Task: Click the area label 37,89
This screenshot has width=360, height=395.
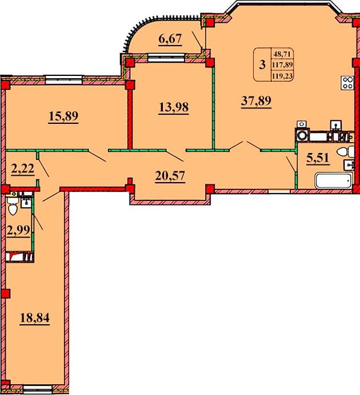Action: pyautogui.click(x=256, y=101)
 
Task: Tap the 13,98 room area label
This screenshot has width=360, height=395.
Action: pyautogui.click(x=174, y=107)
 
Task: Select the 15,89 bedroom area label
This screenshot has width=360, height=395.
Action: pyautogui.click(x=63, y=116)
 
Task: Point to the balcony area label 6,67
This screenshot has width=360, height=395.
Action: pyautogui.click(x=170, y=39)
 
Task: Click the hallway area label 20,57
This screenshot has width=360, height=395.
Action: pyautogui.click(x=170, y=176)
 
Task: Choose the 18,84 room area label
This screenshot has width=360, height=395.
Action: pyautogui.click(x=35, y=317)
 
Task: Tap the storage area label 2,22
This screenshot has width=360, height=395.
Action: pyautogui.click(x=23, y=168)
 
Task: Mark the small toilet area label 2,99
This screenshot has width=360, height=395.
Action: pyautogui.click(x=18, y=230)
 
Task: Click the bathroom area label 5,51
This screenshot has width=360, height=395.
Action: pyautogui.click(x=318, y=158)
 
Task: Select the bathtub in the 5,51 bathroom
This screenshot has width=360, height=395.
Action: pyautogui.click(x=333, y=180)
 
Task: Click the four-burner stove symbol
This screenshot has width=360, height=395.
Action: pyautogui.click(x=347, y=83)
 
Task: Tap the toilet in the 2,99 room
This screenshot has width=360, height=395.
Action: pyautogui.click(x=12, y=206)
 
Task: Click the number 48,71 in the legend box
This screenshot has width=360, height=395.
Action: pyautogui.click(x=282, y=54)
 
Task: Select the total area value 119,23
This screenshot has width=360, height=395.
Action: pyautogui.click(x=282, y=76)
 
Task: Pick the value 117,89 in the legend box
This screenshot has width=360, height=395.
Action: pyautogui.click(x=282, y=65)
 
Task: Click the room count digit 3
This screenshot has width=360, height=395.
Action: pyautogui.click(x=262, y=65)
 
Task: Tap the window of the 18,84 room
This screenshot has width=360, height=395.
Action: pyautogui.click(x=37, y=389)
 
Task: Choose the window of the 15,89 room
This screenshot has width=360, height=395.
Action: pyautogui.click(x=64, y=79)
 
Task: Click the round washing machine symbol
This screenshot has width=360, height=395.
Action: pyautogui.click(x=302, y=136)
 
